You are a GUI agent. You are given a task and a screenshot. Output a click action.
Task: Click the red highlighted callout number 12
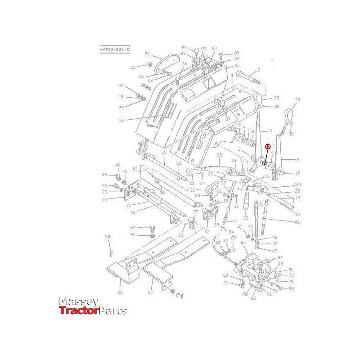pyautogui.click(x=268, y=147)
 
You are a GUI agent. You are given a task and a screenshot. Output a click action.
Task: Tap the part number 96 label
pyautogui.click(x=120, y=292)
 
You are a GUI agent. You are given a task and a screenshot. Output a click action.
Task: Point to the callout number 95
pyautogui.click(x=107, y=237)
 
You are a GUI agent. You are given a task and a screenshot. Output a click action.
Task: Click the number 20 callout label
pyautogui.click(x=147, y=54)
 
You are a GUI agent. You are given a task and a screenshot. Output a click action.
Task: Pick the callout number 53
pyautogui.click(x=121, y=120)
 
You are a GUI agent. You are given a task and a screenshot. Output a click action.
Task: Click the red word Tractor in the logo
pyautogui.click(x=79, y=310)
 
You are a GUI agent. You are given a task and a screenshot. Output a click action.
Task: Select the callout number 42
pyautogui.click(x=297, y=221)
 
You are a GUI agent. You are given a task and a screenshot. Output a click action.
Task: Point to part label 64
pyautogui.click(x=243, y=243)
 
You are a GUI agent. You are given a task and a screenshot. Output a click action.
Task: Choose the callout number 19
pyautogui.click(x=297, y=99)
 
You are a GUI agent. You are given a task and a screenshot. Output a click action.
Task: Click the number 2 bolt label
pyautogui.click(x=259, y=70)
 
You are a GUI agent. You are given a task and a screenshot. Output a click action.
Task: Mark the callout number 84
pyautogui.click(x=184, y=47)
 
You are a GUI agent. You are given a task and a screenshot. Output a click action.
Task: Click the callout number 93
pyautogui.click(x=133, y=228)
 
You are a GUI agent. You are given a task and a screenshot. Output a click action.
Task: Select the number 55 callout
pyautogui.click(x=164, y=153)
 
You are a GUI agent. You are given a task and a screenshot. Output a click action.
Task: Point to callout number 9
pyautogui.click(x=297, y=159)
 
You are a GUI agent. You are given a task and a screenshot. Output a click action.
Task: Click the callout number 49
pyautogui.click(x=121, y=85)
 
